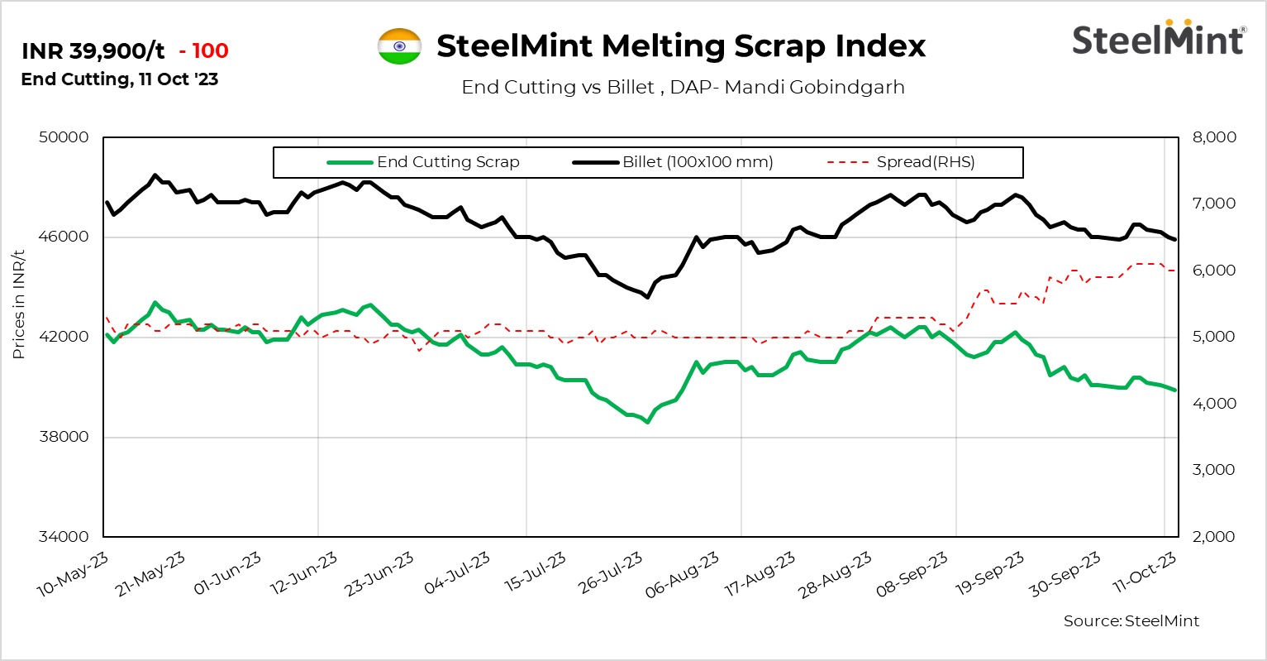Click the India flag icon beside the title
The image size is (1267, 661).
click(x=399, y=46)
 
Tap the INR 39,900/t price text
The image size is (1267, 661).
click(x=93, y=51)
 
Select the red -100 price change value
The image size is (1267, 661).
click(x=203, y=51)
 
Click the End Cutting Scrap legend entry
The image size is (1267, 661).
click(x=447, y=162)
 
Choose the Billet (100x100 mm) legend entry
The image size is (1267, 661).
click(x=697, y=162)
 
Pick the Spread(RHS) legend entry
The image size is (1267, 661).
click(x=925, y=162)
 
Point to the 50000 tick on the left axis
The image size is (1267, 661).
click(x=64, y=137)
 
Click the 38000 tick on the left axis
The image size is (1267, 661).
click(x=64, y=437)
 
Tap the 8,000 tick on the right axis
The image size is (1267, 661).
click(x=1213, y=137)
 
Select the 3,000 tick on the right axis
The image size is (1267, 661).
click(x=1213, y=470)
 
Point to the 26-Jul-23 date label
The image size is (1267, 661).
click(x=610, y=573)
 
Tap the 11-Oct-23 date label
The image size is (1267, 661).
click(x=1144, y=573)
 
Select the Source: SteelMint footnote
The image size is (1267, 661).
click(x=1131, y=621)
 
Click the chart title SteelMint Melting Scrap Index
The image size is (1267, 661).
click(x=681, y=46)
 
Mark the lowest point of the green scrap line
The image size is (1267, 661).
click(x=647, y=422)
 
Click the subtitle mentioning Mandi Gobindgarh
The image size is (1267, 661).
click(x=683, y=87)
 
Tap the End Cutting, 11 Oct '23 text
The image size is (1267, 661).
click(x=120, y=79)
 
